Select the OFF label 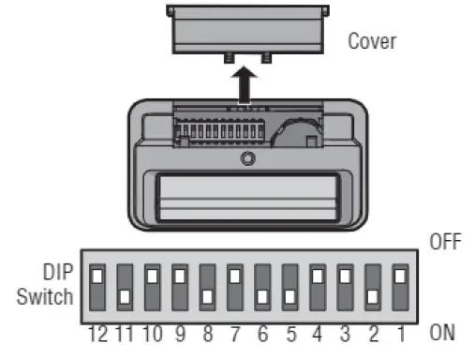pos(445,241)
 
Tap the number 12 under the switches pos(96,331)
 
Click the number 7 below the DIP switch pos(235,331)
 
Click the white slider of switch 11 pos(125,297)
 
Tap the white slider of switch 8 pos(207,297)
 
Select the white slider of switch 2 pos(373,297)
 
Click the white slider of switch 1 pos(400,277)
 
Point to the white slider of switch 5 pos(290,297)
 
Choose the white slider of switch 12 pos(97,277)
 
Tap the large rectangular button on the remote pos(246,199)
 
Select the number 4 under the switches pos(318,331)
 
